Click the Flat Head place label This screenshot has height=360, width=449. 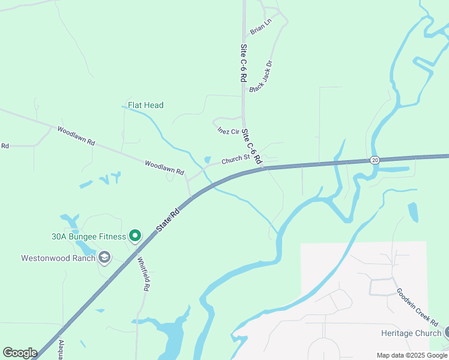[x=145, y=105]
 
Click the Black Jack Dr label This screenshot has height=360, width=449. [x=261, y=76]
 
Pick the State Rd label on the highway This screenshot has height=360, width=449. [x=168, y=220]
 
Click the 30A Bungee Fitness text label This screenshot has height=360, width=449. [x=89, y=236]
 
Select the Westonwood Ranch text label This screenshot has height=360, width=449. [x=58, y=258]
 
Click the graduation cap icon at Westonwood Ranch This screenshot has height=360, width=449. [x=104, y=258]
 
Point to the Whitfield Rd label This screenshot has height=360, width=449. [x=143, y=274]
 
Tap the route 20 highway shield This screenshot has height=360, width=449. [x=375, y=160]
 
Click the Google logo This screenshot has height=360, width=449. [x=20, y=353]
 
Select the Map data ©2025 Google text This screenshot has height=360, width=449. [x=412, y=355]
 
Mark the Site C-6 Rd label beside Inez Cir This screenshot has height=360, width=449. [x=253, y=147]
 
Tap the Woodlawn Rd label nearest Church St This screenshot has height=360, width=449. [x=164, y=167]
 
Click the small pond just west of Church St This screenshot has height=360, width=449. [x=207, y=160]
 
